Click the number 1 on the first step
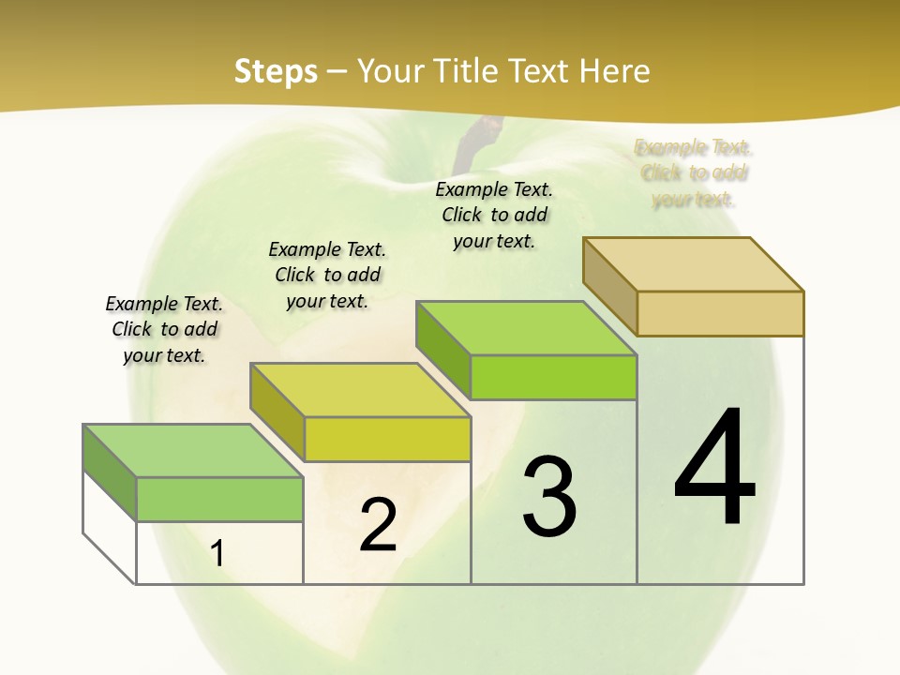(x=217, y=553)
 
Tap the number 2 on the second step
(x=378, y=525)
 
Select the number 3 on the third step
(x=549, y=497)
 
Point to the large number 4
(x=714, y=469)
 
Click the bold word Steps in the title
(x=276, y=71)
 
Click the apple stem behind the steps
(x=472, y=141)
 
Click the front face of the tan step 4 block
(x=720, y=313)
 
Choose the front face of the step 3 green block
(x=553, y=377)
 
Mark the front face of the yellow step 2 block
(x=386, y=439)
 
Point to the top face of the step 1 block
(x=193, y=451)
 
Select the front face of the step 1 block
(x=219, y=499)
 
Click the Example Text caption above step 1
(x=164, y=329)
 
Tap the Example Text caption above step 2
(x=327, y=275)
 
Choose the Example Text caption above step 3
(x=494, y=215)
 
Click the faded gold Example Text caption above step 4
(x=694, y=172)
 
